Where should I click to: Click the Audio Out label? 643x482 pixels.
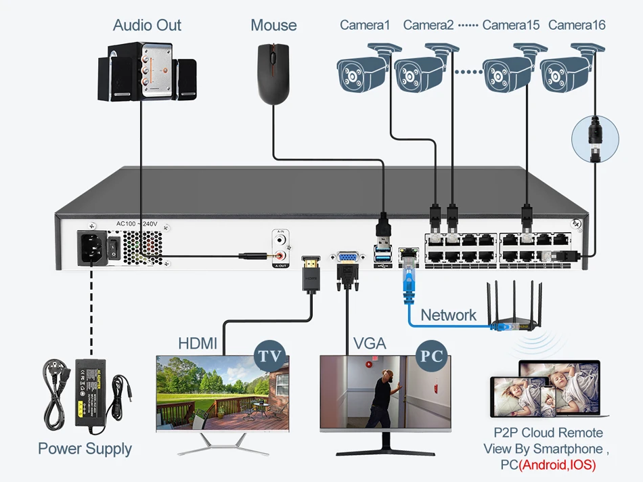147,26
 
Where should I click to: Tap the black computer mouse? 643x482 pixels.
273,73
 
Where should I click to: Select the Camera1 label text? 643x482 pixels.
365,26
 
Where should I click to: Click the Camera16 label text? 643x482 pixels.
577,26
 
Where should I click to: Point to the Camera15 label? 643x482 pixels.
511,26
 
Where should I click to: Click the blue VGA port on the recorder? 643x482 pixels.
348,258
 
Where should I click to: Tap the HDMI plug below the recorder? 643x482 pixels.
310,272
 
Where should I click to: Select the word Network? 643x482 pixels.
448,315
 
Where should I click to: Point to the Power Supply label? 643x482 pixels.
85,449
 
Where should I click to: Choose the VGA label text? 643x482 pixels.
369,344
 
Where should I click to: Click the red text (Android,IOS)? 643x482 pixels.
558,465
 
